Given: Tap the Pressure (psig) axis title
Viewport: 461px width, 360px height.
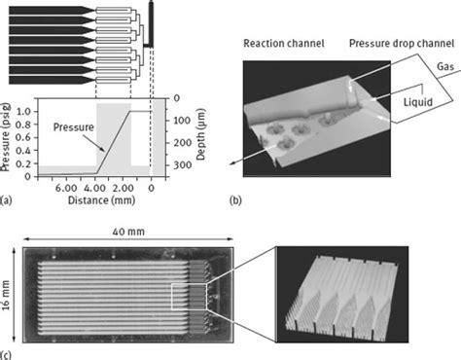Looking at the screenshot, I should (10, 136).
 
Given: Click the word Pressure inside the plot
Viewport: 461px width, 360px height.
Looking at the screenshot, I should (74, 127).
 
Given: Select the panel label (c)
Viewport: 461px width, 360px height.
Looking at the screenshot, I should (10, 351).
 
